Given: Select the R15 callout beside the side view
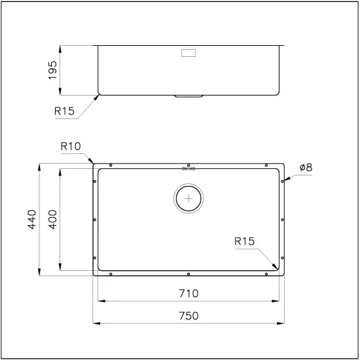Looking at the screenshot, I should tap(65, 111).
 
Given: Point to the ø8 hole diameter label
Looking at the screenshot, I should tap(305, 168).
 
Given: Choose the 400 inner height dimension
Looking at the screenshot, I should tap(54, 219).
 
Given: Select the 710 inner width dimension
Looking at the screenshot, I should tap(188, 293).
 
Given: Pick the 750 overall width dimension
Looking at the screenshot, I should tap(188, 315).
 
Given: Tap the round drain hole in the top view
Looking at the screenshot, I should tap(189, 197).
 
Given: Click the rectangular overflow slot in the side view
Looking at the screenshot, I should tap(189, 52).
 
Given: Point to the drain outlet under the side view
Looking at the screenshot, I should tap(189, 96).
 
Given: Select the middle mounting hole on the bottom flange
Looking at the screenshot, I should tap(189, 273).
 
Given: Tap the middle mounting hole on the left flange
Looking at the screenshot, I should tap(96, 220).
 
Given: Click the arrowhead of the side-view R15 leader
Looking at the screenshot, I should tap(99, 96).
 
